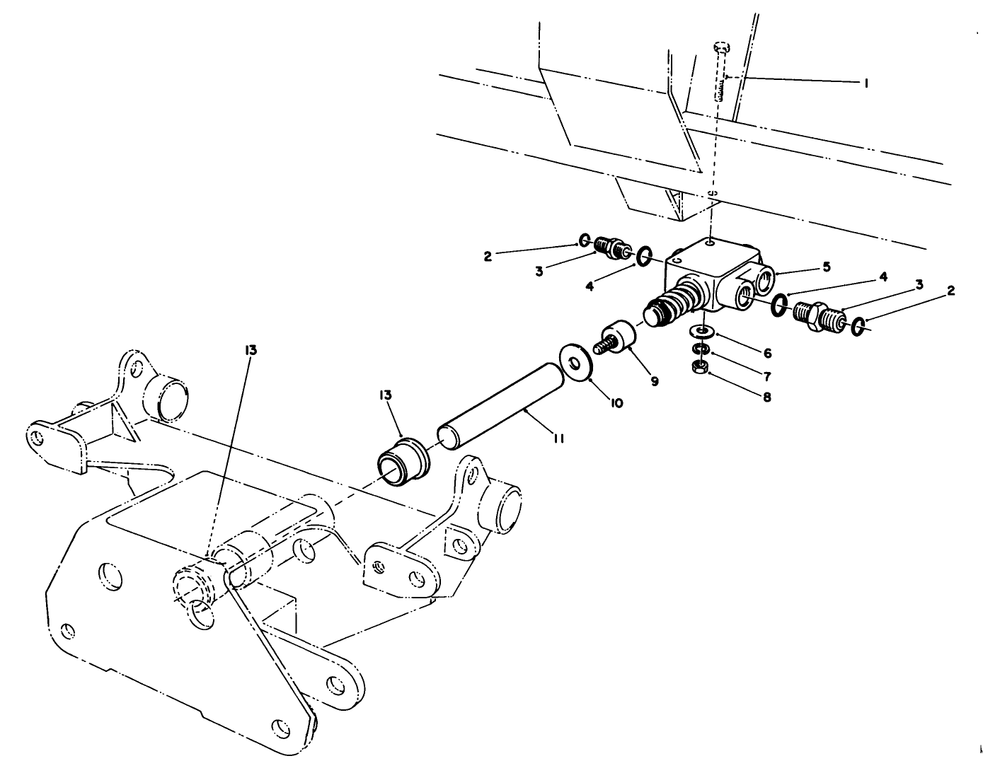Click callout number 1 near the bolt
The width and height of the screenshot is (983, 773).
(865, 83)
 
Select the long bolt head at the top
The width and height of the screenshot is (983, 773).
(720, 47)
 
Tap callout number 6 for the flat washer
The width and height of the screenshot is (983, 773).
(767, 352)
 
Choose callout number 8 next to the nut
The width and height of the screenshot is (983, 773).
(767, 397)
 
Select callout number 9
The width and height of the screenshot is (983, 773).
(654, 381)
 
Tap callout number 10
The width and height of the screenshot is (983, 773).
(616, 402)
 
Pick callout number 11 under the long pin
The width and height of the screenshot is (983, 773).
(558, 439)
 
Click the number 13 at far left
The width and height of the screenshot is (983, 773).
(251, 349)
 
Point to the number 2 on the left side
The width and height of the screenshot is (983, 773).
(488, 257)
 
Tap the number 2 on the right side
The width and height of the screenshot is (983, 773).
(950, 290)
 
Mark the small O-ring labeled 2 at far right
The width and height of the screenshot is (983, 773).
(858, 326)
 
